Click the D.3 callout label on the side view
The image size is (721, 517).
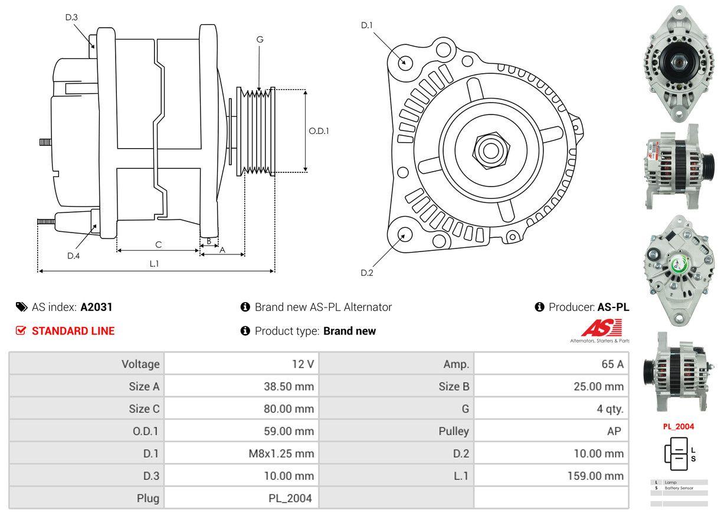(71, 17)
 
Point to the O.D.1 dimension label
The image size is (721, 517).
(319, 131)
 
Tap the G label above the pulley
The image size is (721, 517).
(260, 40)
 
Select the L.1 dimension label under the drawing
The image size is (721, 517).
(154, 264)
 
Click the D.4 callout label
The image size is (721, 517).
(73, 256)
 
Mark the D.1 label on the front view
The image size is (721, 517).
(367, 25)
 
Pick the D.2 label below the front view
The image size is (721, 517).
(367, 273)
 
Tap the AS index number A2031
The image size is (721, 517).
(96, 307)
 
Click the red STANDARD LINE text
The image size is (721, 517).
(73, 331)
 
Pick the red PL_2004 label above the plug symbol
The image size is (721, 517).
(678, 427)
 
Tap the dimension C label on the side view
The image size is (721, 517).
(158, 244)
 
